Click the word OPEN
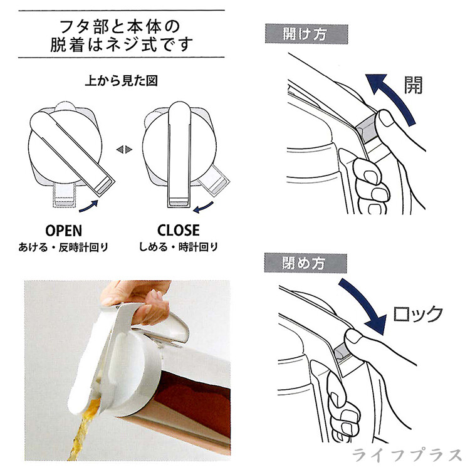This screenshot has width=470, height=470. point(63,231)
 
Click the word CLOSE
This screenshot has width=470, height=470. point(179,230)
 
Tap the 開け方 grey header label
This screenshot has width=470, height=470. point(306,34)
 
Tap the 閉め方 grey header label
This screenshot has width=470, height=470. point(305,263)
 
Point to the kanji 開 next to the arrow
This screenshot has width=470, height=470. point(414,85)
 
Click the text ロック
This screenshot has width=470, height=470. point(417,314)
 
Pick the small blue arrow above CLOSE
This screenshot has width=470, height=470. point(202,207)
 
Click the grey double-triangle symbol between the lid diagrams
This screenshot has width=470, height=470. point(124,149)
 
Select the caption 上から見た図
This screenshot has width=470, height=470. point(121,81)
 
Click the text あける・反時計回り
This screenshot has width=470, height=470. point(63,248)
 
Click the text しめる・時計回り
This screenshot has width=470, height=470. point(179,248)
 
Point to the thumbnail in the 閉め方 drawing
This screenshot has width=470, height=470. point(353,337)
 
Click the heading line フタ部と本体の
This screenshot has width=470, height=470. point(120,27)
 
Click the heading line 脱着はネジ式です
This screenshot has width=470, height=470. point(121,44)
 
